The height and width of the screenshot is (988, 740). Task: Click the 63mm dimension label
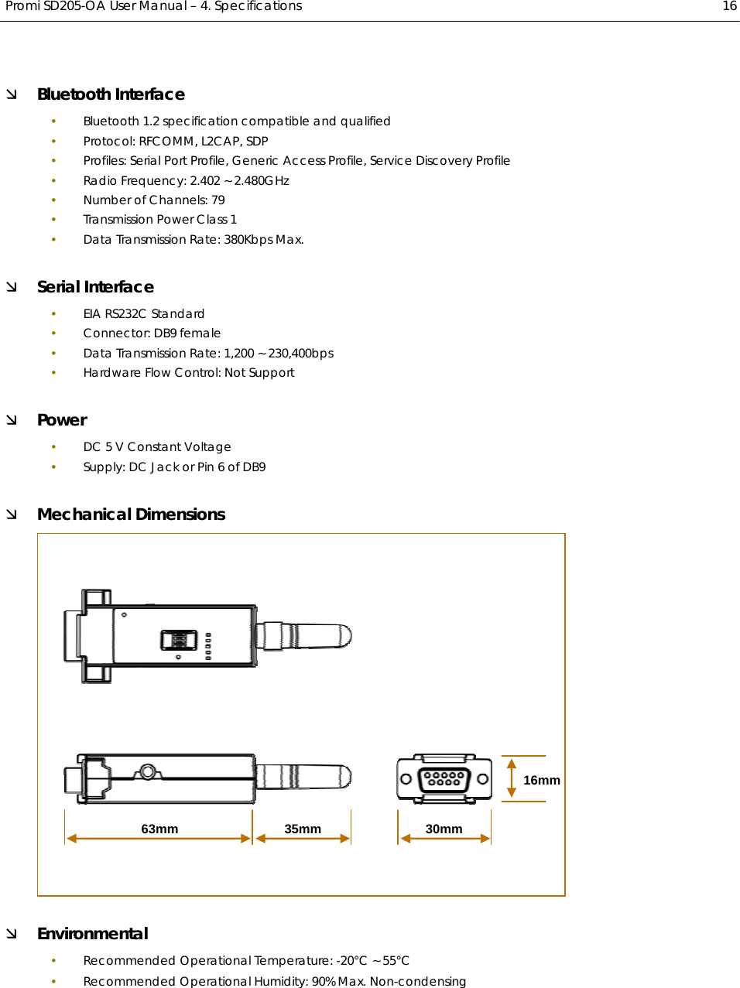coord(159,829)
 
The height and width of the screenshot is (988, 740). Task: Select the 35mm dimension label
coord(303,829)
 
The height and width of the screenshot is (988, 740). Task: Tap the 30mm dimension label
coord(444,829)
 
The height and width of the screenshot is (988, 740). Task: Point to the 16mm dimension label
coord(542,780)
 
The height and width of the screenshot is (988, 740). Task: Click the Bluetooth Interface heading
coord(111,94)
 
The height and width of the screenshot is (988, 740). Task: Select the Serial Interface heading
coord(95,287)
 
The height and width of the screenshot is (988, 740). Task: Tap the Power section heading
coord(62,420)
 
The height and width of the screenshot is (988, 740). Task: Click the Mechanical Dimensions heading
coord(131,515)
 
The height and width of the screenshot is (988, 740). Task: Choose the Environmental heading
coord(92,934)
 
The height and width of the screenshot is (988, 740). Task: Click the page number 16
coord(729,6)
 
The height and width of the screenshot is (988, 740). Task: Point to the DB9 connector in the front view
coord(444,778)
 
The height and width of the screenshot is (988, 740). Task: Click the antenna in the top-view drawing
coord(304,636)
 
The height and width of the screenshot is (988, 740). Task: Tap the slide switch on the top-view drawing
coord(179,640)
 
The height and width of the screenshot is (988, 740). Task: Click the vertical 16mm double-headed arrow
coord(512,778)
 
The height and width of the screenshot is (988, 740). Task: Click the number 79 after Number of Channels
coord(218,200)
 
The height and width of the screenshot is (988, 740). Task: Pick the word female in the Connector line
coord(200,333)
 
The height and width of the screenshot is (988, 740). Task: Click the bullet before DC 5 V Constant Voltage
coord(54,447)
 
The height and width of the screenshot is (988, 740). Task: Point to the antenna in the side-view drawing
coord(304,776)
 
